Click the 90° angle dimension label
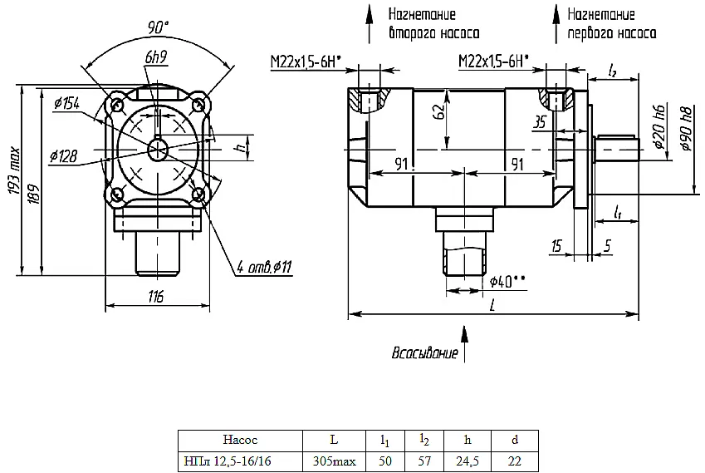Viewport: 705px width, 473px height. pos(158,28)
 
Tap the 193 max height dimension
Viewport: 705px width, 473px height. pos(14,170)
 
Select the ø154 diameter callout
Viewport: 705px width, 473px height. pos(66,103)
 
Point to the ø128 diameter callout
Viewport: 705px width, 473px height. pos(63,156)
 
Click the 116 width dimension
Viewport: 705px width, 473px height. pos(156,296)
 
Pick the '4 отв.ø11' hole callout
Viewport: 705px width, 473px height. pos(264,268)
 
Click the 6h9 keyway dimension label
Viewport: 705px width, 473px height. pos(156,57)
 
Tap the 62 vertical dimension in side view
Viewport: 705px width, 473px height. pos(441,111)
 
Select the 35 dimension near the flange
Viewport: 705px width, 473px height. pos(540,122)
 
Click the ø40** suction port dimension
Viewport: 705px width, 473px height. pos(507,282)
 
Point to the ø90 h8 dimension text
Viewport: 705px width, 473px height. pos(686,129)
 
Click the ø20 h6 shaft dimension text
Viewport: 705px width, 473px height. pos(658,126)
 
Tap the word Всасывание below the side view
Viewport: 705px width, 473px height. pos(425,352)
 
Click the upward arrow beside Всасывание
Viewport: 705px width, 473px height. pos(464,344)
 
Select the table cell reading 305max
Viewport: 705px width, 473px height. pos(334,461)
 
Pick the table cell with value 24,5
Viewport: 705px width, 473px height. pos(468,461)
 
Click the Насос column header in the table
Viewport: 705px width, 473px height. pos(240,439)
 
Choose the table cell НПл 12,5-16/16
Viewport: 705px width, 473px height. pos(228,461)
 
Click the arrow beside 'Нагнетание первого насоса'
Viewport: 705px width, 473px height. pos(556,24)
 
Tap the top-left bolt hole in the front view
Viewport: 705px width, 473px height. pos(118,105)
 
